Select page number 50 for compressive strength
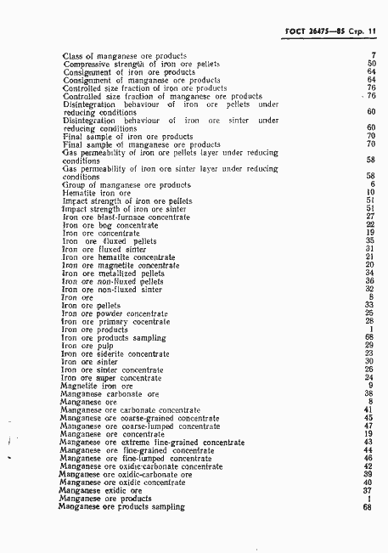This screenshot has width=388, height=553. (x=371, y=64)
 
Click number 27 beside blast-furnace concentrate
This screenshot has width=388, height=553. (x=370, y=216)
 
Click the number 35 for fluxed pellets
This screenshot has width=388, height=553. (x=370, y=240)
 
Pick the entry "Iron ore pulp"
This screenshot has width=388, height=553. (x=89, y=345)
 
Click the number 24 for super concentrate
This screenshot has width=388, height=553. (x=370, y=377)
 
